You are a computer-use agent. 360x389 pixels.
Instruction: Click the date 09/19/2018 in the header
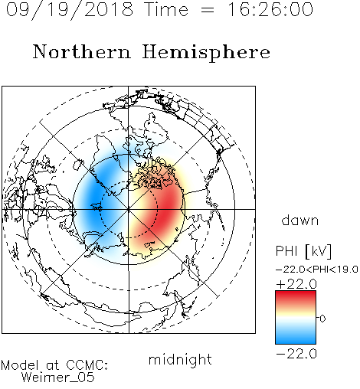click(70, 10)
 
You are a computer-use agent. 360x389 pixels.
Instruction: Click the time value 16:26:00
click(270, 9)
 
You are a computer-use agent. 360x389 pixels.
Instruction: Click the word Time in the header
click(166, 9)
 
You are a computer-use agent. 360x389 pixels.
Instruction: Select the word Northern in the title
click(82, 51)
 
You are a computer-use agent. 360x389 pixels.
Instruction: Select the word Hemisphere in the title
click(206, 53)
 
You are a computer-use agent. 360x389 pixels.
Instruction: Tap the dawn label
click(300, 220)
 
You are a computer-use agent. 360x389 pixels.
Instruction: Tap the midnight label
click(180, 359)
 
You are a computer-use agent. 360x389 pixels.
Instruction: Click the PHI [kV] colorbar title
click(303, 251)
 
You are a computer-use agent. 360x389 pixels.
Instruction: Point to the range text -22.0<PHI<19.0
click(317, 269)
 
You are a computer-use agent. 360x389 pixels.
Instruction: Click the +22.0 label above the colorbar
click(296, 284)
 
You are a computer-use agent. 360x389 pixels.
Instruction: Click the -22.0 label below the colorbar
click(296, 354)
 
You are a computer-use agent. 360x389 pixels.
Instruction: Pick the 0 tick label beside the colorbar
click(322, 319)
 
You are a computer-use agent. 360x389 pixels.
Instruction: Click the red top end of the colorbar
click(296, 294)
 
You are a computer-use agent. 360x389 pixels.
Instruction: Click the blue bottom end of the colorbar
click(296, 341)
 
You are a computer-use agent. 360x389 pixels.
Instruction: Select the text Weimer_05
click(58, 378)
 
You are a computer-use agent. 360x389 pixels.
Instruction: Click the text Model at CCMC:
click(54, 365)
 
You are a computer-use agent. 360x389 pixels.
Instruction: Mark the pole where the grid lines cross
click(129, 209)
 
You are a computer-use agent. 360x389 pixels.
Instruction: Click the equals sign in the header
click(208, 11)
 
